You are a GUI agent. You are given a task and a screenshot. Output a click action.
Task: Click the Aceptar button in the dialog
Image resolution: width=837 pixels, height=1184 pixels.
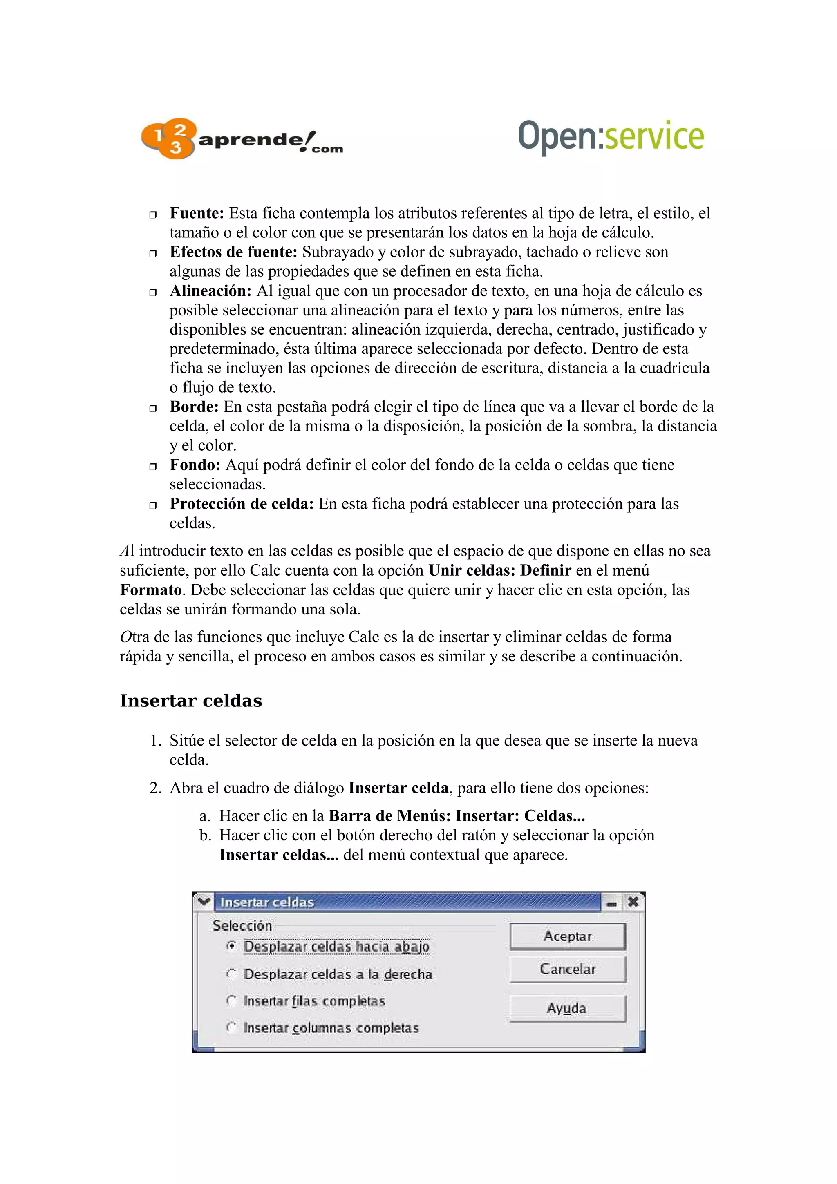(567, 936)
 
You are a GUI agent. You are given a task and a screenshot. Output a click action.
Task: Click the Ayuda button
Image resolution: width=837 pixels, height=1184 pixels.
(567, 1008)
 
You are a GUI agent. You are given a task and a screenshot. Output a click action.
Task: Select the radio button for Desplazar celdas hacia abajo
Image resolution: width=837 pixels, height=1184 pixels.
(232, 946)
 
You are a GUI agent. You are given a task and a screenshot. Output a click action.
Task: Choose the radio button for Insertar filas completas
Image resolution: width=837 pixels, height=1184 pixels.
(232, 1001)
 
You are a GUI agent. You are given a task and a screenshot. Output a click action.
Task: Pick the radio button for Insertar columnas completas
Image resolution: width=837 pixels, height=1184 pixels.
(232, 1027)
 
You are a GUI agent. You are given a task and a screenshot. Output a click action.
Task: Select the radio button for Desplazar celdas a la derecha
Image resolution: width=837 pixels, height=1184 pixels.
(232, 973)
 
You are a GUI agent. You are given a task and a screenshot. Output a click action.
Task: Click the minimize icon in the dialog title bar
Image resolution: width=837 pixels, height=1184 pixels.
(612, 903)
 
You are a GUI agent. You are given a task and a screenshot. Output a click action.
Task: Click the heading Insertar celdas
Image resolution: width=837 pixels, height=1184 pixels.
(191, 701)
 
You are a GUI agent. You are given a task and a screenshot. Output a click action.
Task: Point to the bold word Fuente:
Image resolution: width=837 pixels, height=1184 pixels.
(197, 213)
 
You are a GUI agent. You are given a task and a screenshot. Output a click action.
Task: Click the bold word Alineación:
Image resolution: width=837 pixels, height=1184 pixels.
(210, 291)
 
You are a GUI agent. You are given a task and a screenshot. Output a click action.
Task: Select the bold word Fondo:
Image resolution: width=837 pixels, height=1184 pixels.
(195, 465)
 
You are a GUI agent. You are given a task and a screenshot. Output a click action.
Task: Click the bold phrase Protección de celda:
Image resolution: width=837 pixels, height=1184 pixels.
(242, 504)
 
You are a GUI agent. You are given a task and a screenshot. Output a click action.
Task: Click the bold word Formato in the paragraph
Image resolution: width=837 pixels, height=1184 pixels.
(150, 590)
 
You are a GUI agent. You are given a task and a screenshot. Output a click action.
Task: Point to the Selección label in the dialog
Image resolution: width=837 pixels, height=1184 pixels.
(242, 926)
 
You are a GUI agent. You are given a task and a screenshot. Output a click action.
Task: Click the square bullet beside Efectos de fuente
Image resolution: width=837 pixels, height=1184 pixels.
(153, 254)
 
